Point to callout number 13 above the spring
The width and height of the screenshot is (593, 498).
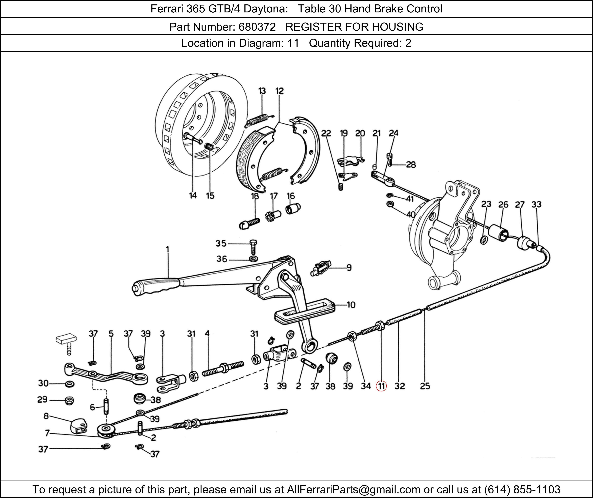[x=262, y=91]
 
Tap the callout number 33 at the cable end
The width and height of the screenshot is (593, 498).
[x=536, y=204]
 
